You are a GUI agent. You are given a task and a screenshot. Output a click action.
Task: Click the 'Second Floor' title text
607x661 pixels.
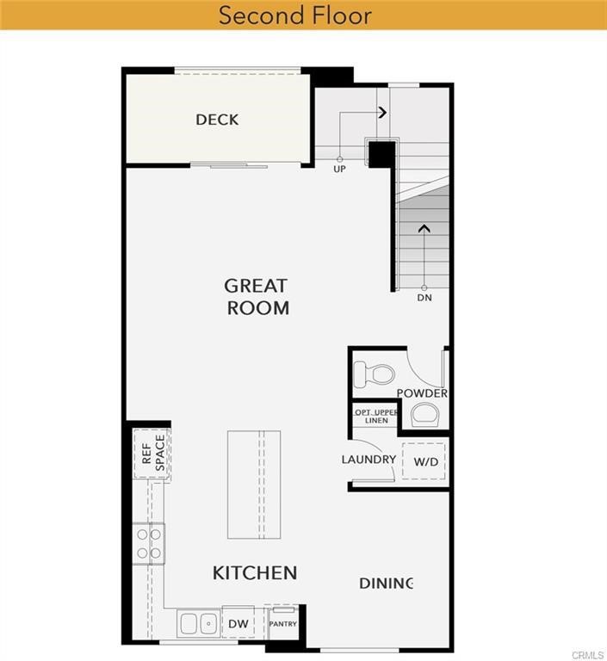tap(294, 15)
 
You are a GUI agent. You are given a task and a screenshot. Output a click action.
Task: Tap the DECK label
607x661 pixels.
tap(217, 120)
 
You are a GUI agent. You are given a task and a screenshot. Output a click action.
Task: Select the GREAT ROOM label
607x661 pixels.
tap(257, 296)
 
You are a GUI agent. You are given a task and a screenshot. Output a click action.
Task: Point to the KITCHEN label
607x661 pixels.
tap(255, 572)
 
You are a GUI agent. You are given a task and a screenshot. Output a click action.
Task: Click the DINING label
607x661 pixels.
tap(387, 584)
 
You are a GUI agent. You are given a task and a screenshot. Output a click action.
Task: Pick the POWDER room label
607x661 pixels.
tap(422, 393)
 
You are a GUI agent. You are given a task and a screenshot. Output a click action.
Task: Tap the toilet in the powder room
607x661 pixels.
tap(375, 374)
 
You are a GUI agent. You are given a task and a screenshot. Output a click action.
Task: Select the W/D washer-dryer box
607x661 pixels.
tap(425, 461)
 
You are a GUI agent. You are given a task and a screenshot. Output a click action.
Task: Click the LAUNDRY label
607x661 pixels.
tap(369, 460)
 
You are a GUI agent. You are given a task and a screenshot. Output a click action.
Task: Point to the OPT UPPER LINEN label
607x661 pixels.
tap(376, 416)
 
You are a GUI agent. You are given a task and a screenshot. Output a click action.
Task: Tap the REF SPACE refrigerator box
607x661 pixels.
tap(152, 454)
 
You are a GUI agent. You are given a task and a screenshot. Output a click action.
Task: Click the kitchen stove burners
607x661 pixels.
tap(149, 544)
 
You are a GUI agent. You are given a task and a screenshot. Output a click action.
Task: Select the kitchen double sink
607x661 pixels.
tap(198, 623)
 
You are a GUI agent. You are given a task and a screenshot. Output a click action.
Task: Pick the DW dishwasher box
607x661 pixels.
tap(238, 623)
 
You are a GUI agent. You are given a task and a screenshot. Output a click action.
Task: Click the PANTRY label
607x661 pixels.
tap(282, 623)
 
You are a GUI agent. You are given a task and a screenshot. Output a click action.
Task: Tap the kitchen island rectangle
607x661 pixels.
tap(254, 484)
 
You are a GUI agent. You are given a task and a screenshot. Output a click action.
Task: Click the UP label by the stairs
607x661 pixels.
tap(340, 170)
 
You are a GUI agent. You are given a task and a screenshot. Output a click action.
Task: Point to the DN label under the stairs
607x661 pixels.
tap(424, 298)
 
